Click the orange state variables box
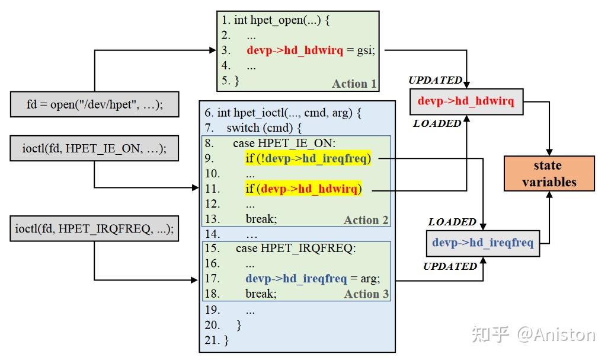coord(549,174)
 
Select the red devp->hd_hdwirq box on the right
coord(466,101)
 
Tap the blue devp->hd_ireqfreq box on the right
coord(482,243)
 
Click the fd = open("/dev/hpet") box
coord(95,104)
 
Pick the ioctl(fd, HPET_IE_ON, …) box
coord(95,148)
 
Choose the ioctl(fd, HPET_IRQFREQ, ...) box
coord(95,229)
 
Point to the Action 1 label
coord(354,84)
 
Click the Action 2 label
coord(366,220)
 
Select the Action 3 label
coord(366,294)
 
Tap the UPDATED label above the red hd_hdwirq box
coord(435,80)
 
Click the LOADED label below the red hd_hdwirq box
coord(437,123)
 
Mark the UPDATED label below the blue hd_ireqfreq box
coord(450,266)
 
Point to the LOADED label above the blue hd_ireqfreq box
coord(452,222)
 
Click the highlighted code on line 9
coord(308,158)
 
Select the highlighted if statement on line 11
coord(303,189)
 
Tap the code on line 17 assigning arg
coord(312,278)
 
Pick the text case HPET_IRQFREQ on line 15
coord(296,248)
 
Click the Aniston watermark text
coord(555,334)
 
